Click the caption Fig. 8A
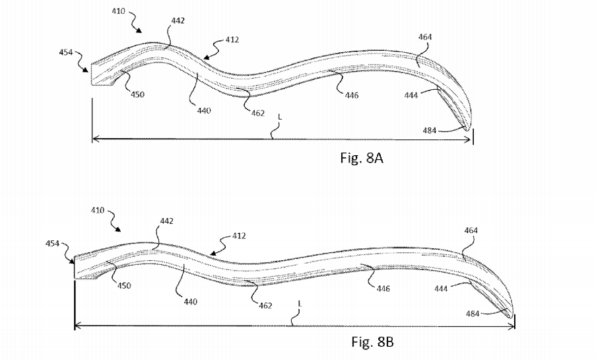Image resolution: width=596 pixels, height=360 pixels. point(362,158)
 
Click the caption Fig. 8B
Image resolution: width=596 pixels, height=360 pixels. point(372,342)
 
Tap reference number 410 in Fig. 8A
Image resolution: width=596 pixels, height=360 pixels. point(119,11)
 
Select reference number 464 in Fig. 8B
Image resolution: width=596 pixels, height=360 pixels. point(471,231)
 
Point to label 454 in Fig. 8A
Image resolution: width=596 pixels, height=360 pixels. point(66,52)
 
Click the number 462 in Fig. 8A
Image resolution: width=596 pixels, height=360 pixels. point(257,113)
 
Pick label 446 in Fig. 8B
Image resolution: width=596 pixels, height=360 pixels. point(383,289)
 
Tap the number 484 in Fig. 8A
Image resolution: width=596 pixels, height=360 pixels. point(430,131)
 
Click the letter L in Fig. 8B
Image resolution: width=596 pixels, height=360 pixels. point(300,304)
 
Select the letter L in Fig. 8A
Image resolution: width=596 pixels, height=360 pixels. point(280,117)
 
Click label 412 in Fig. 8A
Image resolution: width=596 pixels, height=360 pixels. point(232,40)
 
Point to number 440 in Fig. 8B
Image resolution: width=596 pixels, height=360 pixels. point(191,302)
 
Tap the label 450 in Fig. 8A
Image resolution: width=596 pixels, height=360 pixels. point(137,94)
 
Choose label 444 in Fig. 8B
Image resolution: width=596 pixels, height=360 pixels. point(441,289)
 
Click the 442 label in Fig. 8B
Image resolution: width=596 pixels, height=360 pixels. point(166,221)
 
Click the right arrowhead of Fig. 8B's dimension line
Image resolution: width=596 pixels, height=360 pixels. point(512,326)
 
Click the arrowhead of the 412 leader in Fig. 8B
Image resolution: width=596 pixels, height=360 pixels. point(211,252)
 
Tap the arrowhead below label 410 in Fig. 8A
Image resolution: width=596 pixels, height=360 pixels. point(139,30)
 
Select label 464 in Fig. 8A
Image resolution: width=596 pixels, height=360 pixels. point(425,37)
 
